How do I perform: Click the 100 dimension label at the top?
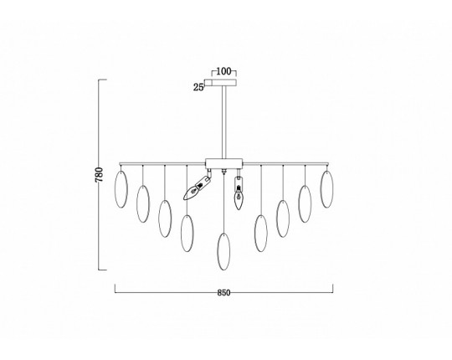click(223, 71)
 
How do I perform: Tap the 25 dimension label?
click(198, 87)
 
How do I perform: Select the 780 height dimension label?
click(99, 174)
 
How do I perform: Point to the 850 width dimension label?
click(223, 293)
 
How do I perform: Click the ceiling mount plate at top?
click(220, 83)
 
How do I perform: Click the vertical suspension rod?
click(224, 122)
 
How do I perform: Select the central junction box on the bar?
click(224, 163)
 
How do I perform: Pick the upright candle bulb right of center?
click(239, 193)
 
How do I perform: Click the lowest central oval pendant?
click(223, 252)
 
